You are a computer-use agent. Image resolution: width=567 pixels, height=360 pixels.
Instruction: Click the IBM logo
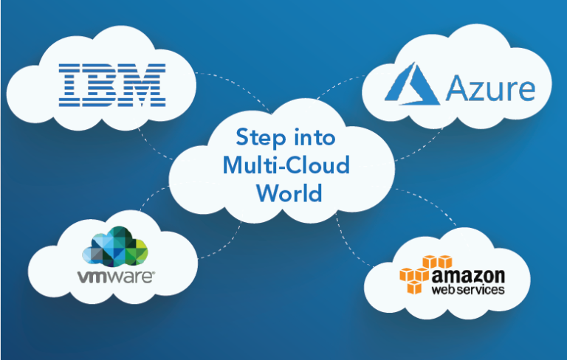111,83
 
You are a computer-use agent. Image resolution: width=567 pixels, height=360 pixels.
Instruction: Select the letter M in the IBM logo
143,83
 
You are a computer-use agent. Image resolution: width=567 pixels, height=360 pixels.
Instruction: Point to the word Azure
489,90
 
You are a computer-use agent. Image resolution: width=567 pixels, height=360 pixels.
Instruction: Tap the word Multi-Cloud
286,165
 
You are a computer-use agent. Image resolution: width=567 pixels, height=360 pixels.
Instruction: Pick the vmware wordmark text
116,277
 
